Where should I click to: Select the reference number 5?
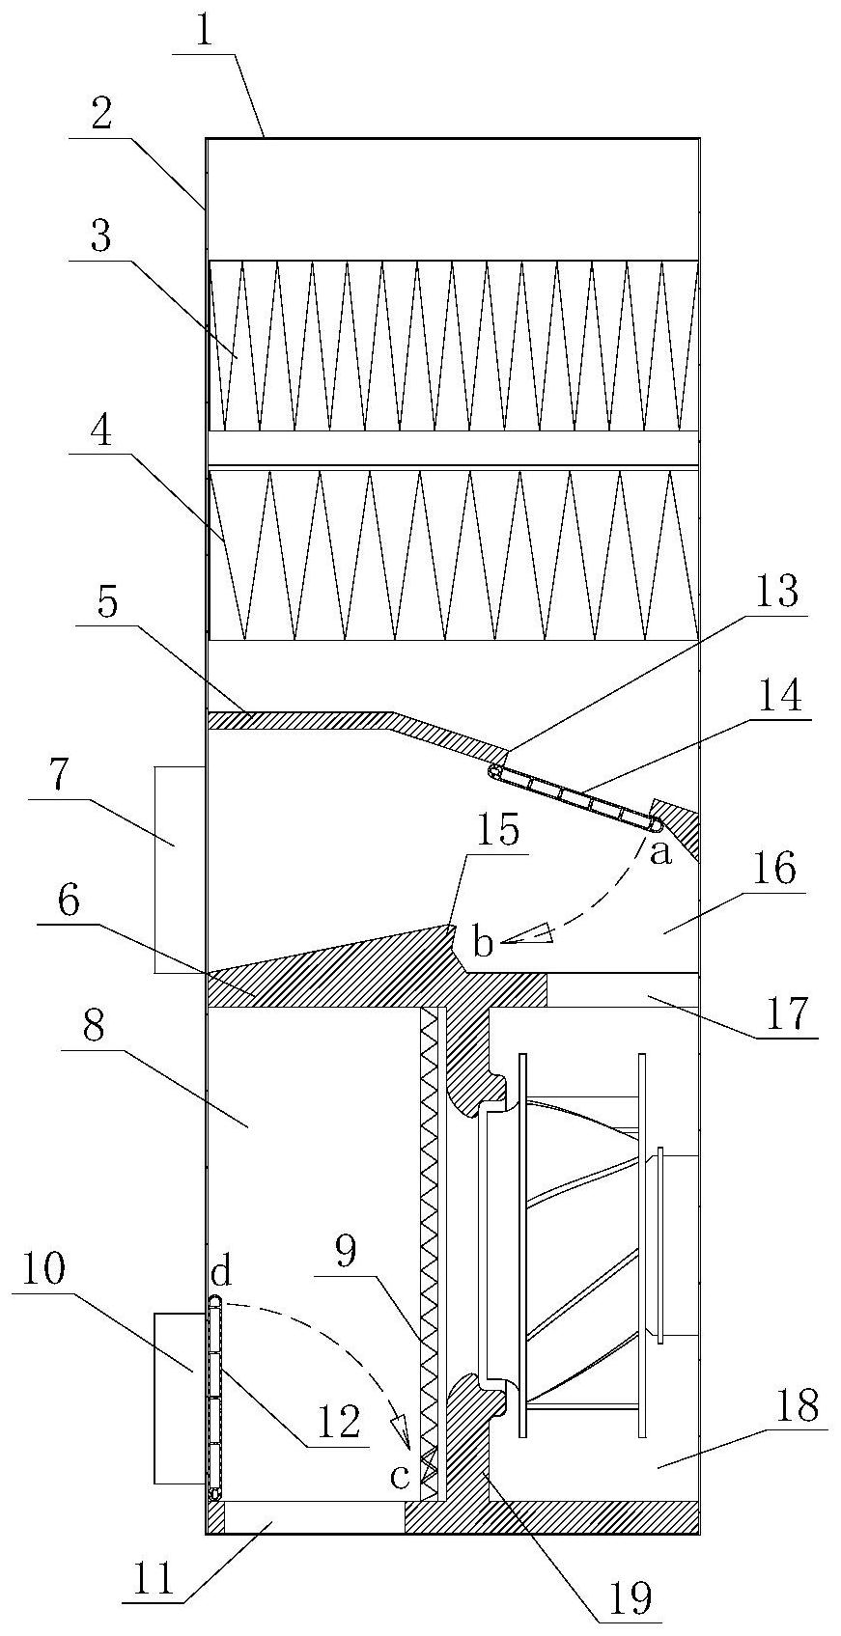[107, 605]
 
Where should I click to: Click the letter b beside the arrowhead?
[483, 944]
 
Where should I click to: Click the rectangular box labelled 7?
[179, 869]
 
